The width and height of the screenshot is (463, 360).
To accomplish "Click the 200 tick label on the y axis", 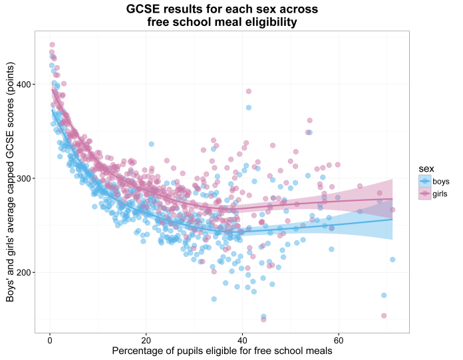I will pyautogui.click(x=24, y=272).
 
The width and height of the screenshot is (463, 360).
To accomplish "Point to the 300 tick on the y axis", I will pyautogui.click(x=24, y=178).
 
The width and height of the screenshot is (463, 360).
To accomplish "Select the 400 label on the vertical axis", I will pyautogui.click(x=24, y=85).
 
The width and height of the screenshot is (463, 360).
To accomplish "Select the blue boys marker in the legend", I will pyautogui.click(x=422, y=181).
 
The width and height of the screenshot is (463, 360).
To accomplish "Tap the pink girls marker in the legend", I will pyautogui.click(x=422, y=193).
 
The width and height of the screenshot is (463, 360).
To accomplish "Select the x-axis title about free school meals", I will pyautogui.click(x=222, y=351).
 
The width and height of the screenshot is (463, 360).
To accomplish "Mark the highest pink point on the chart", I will pyautogui.click(x=52, y=45).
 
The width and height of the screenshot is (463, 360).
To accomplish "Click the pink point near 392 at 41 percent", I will pyautogui.click(x=249, y=92).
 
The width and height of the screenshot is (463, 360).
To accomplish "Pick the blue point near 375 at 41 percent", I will pyautogui.click(x=249, y=107).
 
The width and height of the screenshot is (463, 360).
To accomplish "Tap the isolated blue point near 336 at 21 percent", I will pyautogui.click(x=151, y=144).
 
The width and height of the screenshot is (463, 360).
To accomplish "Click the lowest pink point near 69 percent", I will pyautogui.click(x=384, y=315).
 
